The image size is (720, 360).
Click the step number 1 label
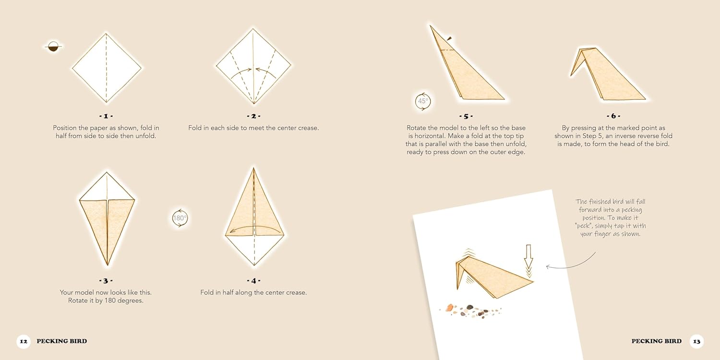106,116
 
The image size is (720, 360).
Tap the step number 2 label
253,116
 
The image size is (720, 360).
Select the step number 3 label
106,281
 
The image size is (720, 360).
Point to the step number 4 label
253,281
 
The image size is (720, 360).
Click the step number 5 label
466,116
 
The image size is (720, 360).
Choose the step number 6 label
613,116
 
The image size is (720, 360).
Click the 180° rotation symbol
180,218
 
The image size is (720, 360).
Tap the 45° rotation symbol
423,101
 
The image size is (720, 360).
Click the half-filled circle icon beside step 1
53,47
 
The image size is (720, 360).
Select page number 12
24,341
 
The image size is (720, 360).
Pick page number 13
696,341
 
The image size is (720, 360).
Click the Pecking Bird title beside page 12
62,341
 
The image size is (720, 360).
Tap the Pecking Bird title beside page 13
656,341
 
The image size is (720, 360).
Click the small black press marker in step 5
449,38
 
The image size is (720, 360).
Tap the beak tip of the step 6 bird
571,76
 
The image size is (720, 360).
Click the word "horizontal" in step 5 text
428,136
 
